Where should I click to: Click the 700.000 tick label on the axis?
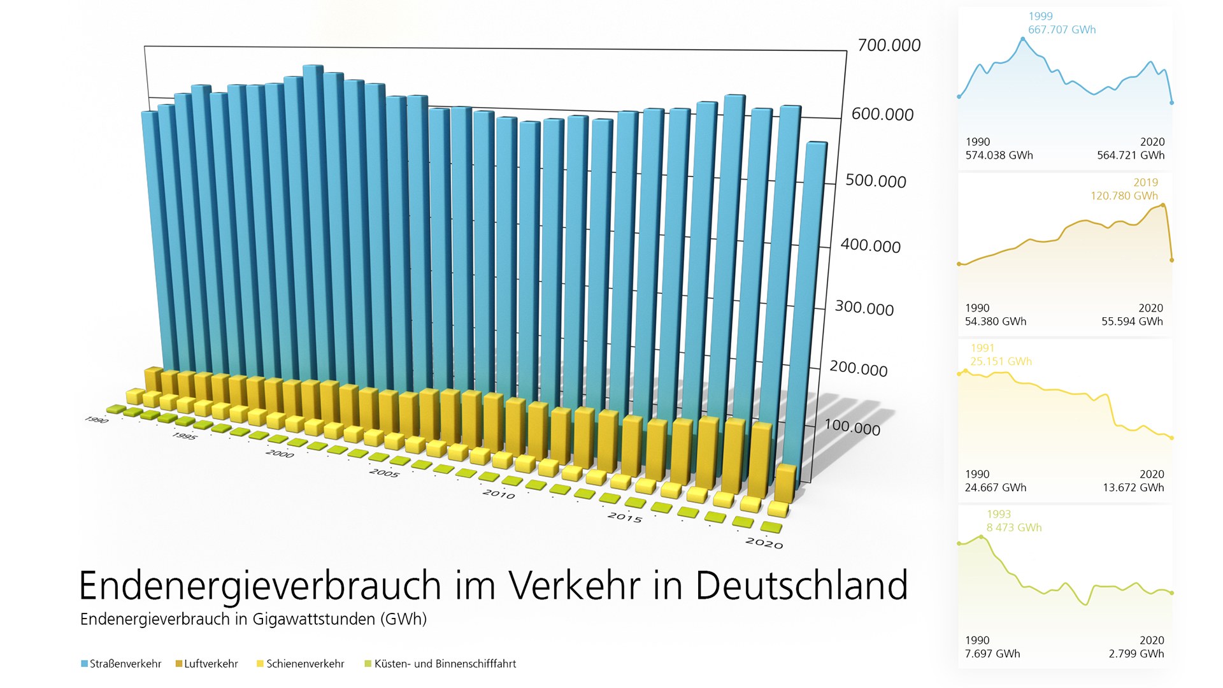889,45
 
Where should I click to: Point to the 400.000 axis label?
871,246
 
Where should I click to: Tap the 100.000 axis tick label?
852,427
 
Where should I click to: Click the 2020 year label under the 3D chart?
764,543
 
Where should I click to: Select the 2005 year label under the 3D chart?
384,473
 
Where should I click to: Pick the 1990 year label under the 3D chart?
96,420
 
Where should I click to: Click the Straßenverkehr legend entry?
122,664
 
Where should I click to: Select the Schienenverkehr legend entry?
301,664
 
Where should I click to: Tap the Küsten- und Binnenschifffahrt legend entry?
440,664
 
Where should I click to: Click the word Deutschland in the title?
801,585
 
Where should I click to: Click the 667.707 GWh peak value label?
1062,30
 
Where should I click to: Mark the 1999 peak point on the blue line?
1023,39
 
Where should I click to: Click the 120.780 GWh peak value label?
1124,196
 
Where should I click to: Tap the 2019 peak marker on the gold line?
1163,205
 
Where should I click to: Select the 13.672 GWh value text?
1133,488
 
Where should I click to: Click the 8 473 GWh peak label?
1014,527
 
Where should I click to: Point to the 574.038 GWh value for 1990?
999,155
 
